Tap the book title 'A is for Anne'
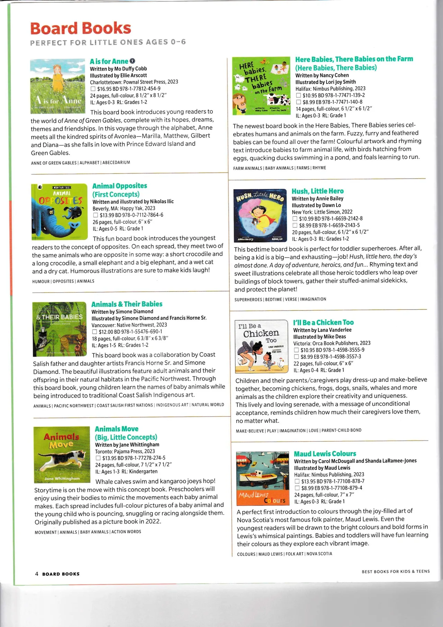click(109, 62)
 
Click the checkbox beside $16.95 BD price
click(93, 89)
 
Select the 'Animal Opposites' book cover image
click(59, 212)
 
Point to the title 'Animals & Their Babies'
click(127, 304)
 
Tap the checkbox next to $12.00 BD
click(94, 332)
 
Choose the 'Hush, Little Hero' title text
click(317, 191)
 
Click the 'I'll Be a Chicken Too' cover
click(261, 346)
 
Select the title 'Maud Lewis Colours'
click(325, 454)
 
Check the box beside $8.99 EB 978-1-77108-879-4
click(297, 488)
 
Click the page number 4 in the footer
click(37, 574)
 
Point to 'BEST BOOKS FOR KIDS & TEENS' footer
click(396, 572)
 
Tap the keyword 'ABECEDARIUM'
click(116, 163)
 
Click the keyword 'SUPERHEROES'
click(248, 299)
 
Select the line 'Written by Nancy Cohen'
click(322, 75)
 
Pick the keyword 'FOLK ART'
click(295, 554)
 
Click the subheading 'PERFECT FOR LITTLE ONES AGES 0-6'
click(108, 43)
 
